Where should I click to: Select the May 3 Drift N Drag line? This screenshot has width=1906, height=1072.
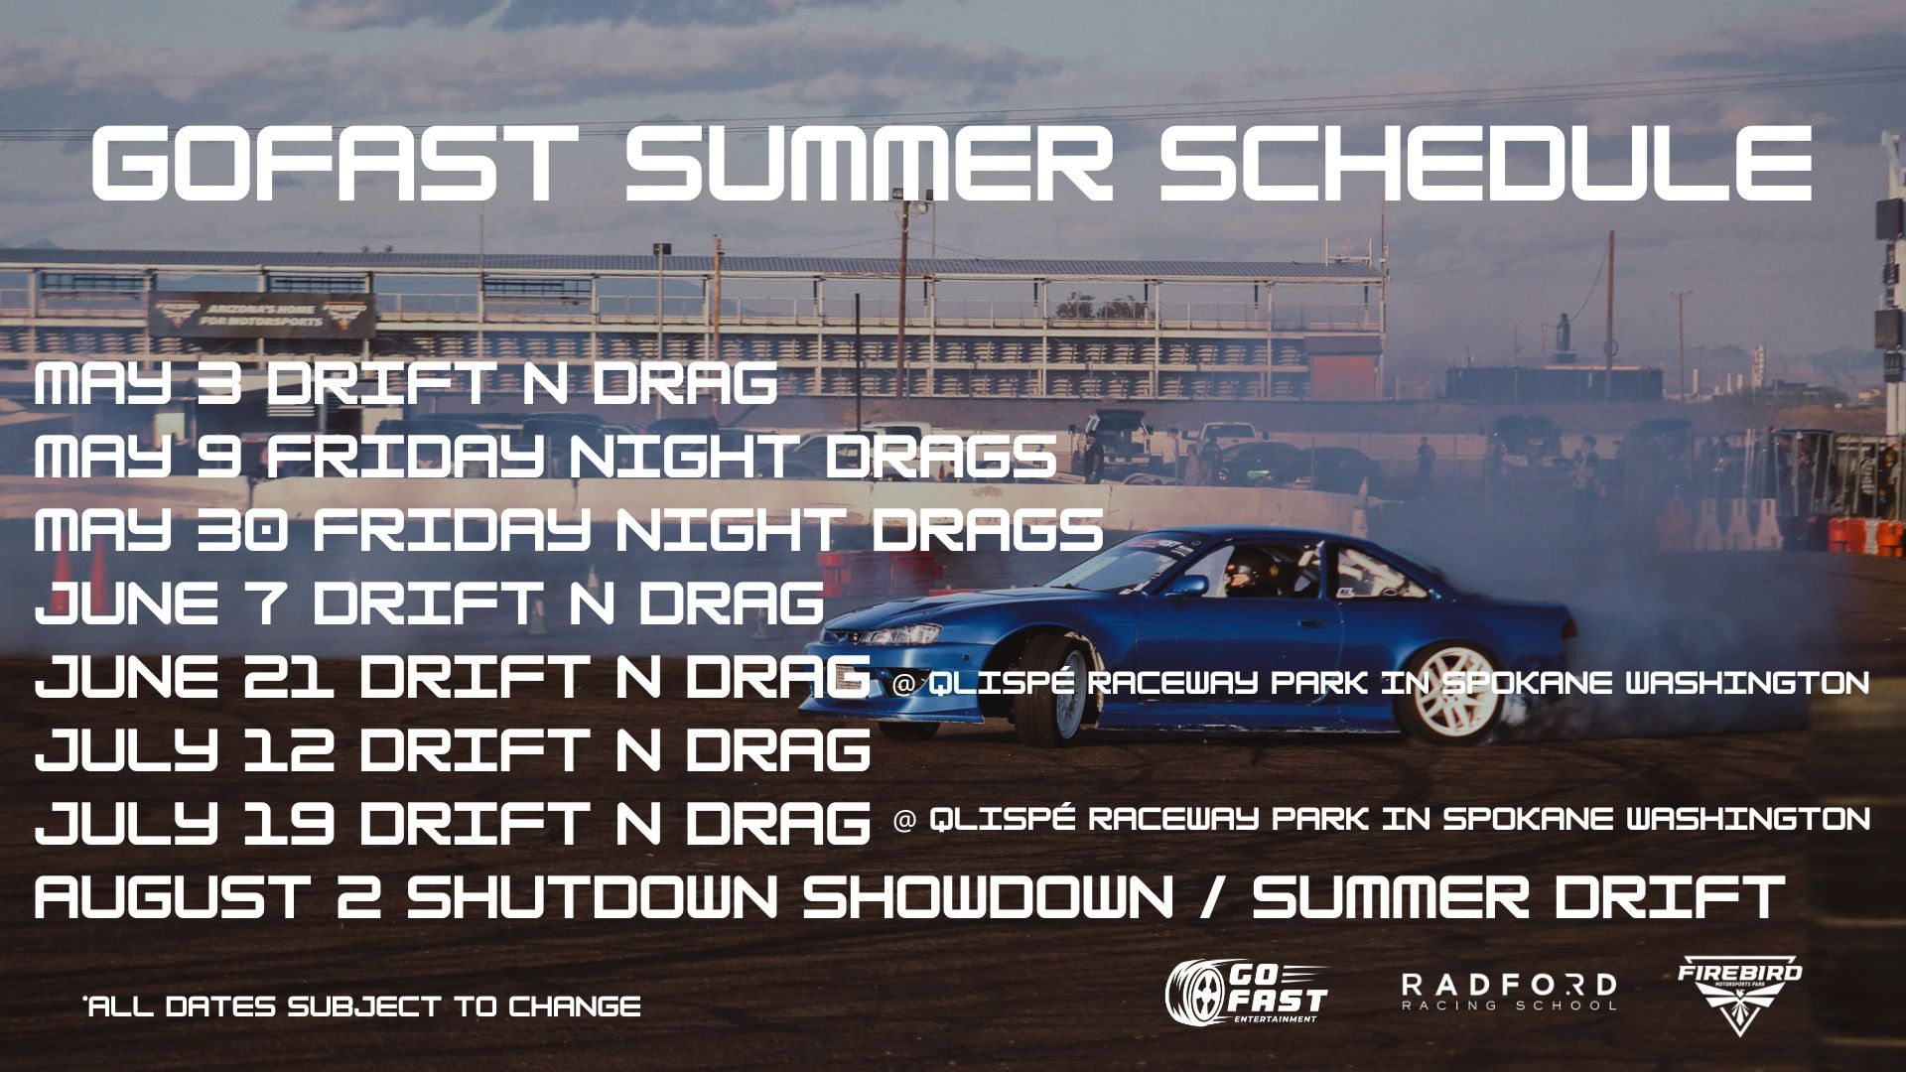(406, 384)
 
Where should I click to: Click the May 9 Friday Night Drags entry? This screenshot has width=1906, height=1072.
(545, 457)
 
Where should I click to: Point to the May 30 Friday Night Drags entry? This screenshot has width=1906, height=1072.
(569, 530)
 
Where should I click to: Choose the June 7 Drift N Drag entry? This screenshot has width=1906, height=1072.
(430, 603)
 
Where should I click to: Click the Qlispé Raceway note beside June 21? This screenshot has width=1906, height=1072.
(1381, 683)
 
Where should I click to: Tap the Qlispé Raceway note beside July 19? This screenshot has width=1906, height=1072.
(1381, 819)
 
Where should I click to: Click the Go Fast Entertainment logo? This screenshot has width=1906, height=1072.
(1247, 993)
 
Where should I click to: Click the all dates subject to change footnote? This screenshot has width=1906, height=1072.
(362, 1006)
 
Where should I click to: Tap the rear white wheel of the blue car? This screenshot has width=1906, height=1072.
(1446, 693)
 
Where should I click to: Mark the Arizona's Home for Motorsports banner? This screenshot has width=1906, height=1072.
(262, 317)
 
